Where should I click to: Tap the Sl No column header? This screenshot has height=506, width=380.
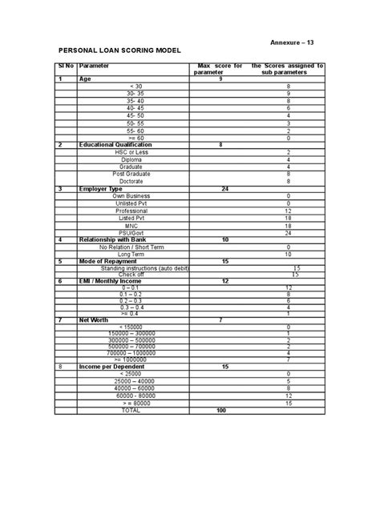click(65, 67)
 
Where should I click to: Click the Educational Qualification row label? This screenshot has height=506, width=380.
click(115, 145)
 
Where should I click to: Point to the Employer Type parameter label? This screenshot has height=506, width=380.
click(102, 189)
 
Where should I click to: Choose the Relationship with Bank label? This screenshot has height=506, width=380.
click(114, 240)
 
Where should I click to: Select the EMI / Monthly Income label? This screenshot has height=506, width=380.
click(109, 281)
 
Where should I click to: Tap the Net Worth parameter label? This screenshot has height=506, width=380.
click(94, 320)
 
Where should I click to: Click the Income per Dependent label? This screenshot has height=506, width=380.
click(109, 366)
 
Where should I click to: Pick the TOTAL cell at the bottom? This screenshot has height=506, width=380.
click(130, 410)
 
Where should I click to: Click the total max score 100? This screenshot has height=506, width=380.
click(222, 410)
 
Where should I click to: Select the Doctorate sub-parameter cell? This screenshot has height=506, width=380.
click(129, 182)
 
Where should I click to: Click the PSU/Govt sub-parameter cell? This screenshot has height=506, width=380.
click(129, 232)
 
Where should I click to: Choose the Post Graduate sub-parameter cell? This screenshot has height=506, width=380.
click(129, 174)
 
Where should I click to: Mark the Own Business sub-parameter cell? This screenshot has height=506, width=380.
click(129, 196)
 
